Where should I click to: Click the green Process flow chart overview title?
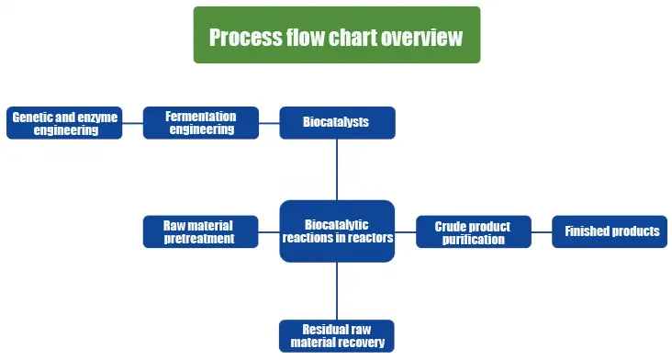pyautogui.click(x=336, y=36)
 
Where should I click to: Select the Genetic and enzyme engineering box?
pyautogui.click(x=64, y=123)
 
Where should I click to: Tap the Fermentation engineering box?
pyautogui.click(x=201, y=123)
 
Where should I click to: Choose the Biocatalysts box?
pyautogui.click(x=337, y=122)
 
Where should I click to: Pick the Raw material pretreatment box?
pyautogui.click(x=200, y=231)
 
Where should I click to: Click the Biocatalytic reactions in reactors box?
pyautogui.click(x=337, y=231)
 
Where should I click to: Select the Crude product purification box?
pyautogui.click(x=473, y=232)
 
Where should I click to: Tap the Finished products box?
pyautogui.click(x=610, y=231)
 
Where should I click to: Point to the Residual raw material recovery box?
pyautogui.click(x=337, y=336)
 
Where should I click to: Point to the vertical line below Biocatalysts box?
pyautogui.click(x=337, y=169)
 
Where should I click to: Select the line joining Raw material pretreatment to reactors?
pyautogui.click(x=269, y=231)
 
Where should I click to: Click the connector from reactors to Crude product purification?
pyautogui.click(x=405, y=231)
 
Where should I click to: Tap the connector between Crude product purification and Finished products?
pyautogui.click(x=541, y=231)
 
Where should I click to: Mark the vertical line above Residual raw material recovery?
pyautogui.click(x=337, y=291)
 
